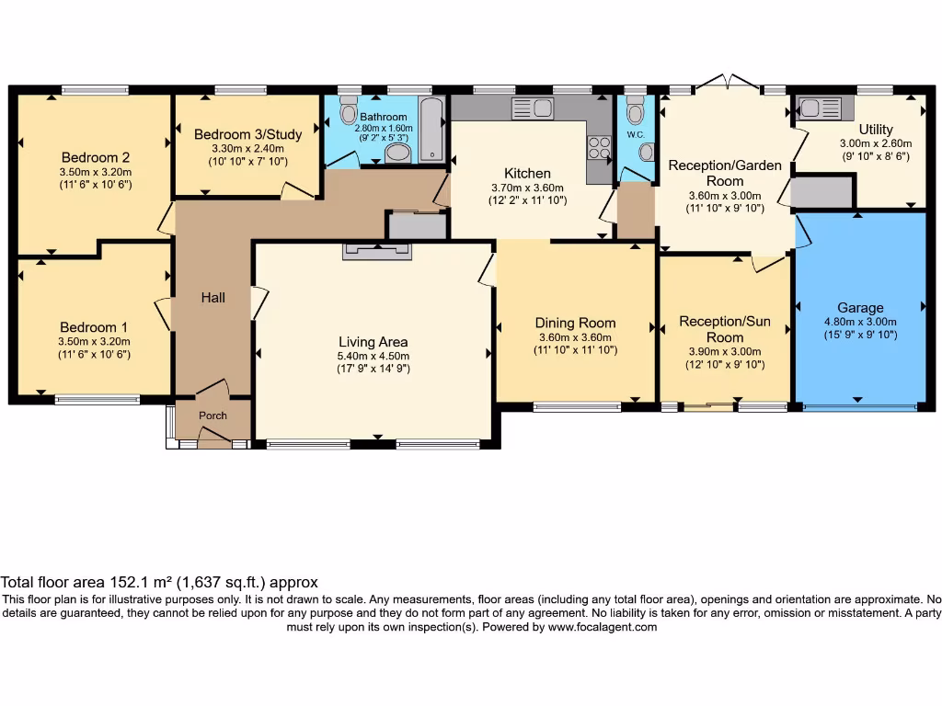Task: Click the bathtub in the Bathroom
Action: [x=431, y=131]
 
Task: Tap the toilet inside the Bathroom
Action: [x=348, y=113]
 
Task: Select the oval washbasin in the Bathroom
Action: [x=398, y=153]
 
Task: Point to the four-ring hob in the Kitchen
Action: [x=599, y=147]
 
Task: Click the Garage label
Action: [x=860, y=308]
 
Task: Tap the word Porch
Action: [x=213, y=416]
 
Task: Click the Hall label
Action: [x=213, y=298]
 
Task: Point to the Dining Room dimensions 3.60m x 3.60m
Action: [x=575, y=336]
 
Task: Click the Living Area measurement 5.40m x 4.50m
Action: [x=373, y=356]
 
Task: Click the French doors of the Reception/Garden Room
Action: [x=727, y=85]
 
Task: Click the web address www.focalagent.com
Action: [x=602, y=627]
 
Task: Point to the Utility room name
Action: [x=875, y=130]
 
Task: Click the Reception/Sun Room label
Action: [x=725, y=329]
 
